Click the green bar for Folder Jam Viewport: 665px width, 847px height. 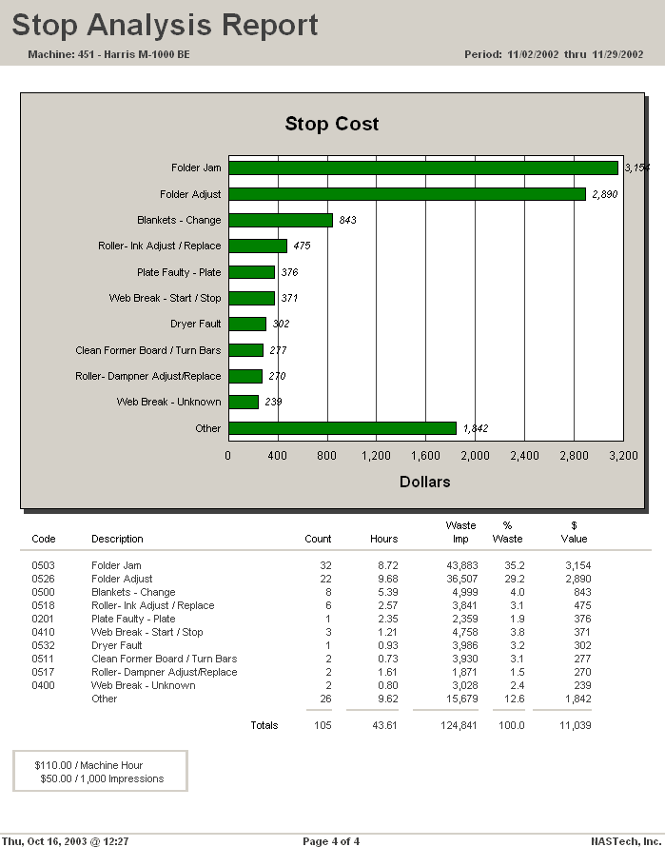[x=423, y=167]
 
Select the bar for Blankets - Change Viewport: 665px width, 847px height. [x=281, y=220]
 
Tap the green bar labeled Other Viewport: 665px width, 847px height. [x=342, y=428]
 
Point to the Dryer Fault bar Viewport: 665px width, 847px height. [x=247, y=324]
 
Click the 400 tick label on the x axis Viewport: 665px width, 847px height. [x=277, y=456]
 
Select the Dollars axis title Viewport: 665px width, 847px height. [x=425, y=482]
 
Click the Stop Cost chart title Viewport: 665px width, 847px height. [x=332, y=124]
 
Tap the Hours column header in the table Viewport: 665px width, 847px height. [x=383, y=539]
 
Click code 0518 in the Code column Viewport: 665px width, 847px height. [x=44, y=605]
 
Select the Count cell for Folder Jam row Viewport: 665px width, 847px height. [x=325, y=565]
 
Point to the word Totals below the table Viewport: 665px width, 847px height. [x=264, y=725]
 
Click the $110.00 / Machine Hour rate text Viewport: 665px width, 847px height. [x=88, y=765]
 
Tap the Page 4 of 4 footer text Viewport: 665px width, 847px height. [x=331, y=840]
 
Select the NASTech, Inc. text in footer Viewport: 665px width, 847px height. [x=624, y=840]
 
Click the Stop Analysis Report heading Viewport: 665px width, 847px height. [x=166, y=26]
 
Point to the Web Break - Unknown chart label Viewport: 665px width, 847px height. [x=168, y=402]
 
